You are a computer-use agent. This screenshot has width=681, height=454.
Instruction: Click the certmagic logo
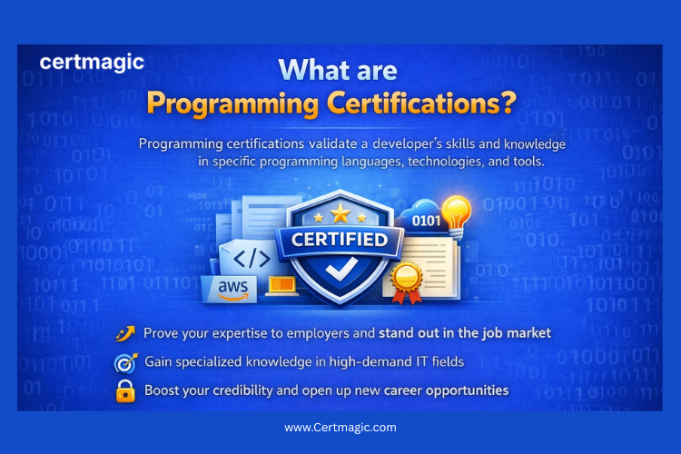[x=92, y=64]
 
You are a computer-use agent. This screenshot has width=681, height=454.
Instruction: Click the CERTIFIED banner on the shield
[x=340, y=240]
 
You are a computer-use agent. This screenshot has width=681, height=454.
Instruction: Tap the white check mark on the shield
[x=340, y=271]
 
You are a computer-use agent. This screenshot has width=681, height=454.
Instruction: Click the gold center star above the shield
[x=340, y=212]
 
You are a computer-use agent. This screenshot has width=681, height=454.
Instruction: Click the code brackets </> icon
[x=251, y=258]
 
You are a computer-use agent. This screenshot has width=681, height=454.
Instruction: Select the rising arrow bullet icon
[x=125, y=333]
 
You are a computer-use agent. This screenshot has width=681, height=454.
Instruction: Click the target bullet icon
[x=125, y=362]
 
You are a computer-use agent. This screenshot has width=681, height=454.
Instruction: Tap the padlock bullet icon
[x=125, y=391]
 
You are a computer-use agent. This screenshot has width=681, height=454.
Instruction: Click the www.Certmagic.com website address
[x=340, y=427]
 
